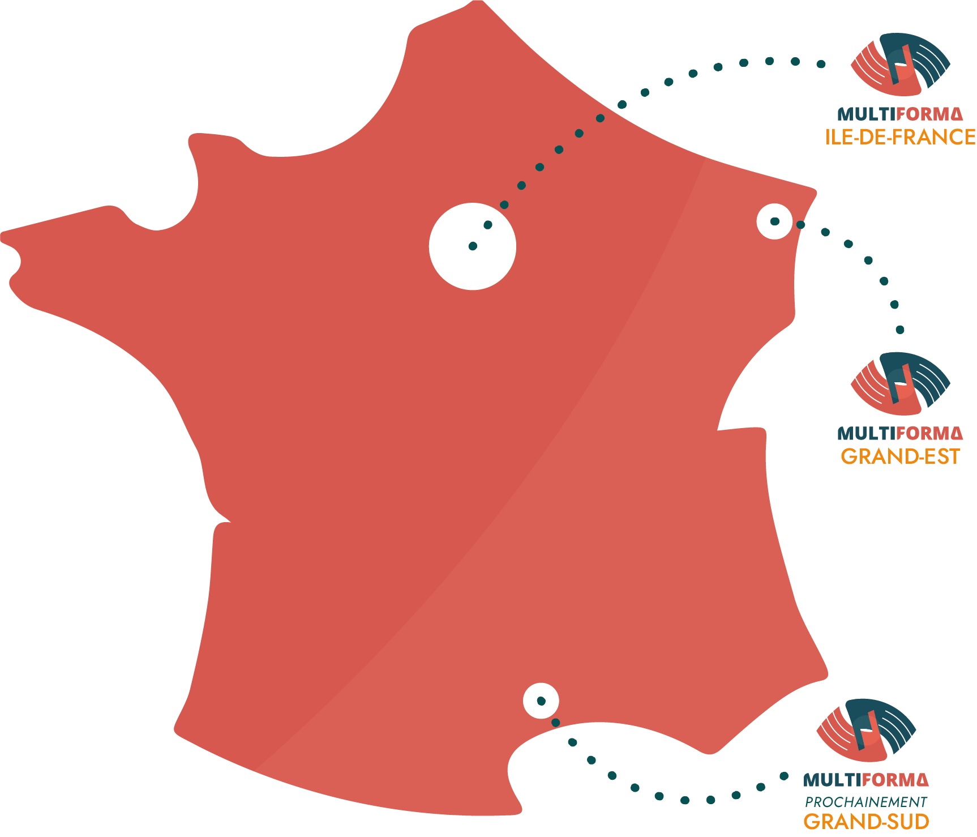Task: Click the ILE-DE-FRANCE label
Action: click(900, 137)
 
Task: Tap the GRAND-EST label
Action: click(900, 456)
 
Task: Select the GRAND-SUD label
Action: click(866, 821)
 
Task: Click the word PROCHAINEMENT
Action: click(866, 802)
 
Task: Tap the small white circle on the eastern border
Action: click(775, 221)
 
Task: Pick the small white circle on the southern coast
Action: click(541, 701)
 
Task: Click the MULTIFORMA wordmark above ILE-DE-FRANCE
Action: click(900, 114)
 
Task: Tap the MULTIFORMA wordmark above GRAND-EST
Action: click(900, 433)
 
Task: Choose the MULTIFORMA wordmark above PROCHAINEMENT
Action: click(866, 780)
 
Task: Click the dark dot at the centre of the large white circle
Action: click(473, 246)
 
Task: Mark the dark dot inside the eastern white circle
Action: click(775, 221)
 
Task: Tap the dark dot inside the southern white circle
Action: click(541, 701)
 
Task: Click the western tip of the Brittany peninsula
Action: click(2, 236)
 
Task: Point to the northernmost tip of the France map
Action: click(478, 2)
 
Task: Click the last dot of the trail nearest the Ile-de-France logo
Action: click(821, 64)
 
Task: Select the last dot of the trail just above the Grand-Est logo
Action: click(900, 330)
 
